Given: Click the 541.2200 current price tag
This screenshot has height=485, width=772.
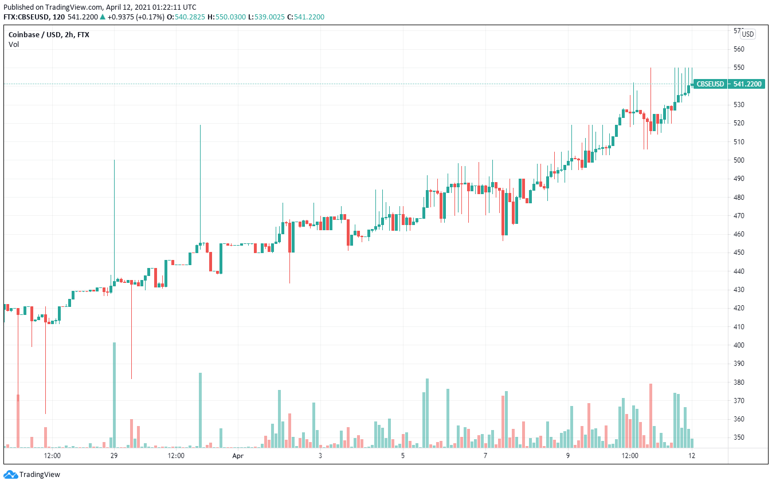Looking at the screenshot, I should point(747,84).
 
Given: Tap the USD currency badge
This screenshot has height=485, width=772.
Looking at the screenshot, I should point(747,34).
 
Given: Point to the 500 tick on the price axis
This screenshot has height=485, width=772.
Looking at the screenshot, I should point(739,160).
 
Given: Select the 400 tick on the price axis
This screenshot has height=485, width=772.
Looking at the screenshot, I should point(739,345).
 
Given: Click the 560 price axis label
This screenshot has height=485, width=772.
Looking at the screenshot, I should point(739,49).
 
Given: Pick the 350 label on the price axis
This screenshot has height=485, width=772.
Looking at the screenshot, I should point(739,437).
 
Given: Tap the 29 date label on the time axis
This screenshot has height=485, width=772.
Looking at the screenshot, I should point(114,456).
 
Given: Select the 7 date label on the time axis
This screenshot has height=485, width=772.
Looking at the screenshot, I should point(485,456).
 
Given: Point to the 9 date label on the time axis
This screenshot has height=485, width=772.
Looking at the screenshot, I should point(568,456).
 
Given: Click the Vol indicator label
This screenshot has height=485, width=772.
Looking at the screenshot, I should point(14,45).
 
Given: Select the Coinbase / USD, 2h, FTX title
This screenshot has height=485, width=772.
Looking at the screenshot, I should point(49,35).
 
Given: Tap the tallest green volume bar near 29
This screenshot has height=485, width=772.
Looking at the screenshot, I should point(114,395).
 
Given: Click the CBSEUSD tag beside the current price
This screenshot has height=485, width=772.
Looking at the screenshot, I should point(710,84).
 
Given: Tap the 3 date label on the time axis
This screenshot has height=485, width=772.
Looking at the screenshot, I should point(320,456).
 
